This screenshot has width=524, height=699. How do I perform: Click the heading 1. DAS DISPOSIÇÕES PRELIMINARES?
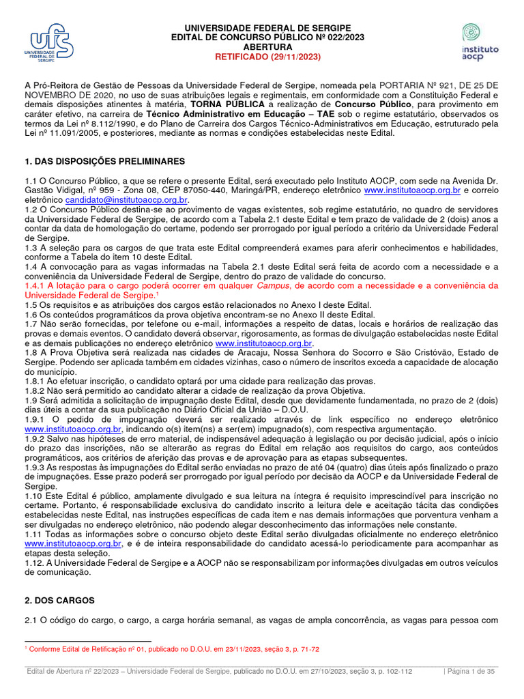(x=104, y=161)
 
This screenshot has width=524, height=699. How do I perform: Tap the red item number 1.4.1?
(x=36, y=285)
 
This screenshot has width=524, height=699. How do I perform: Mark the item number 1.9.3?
(x=36, y=467)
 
